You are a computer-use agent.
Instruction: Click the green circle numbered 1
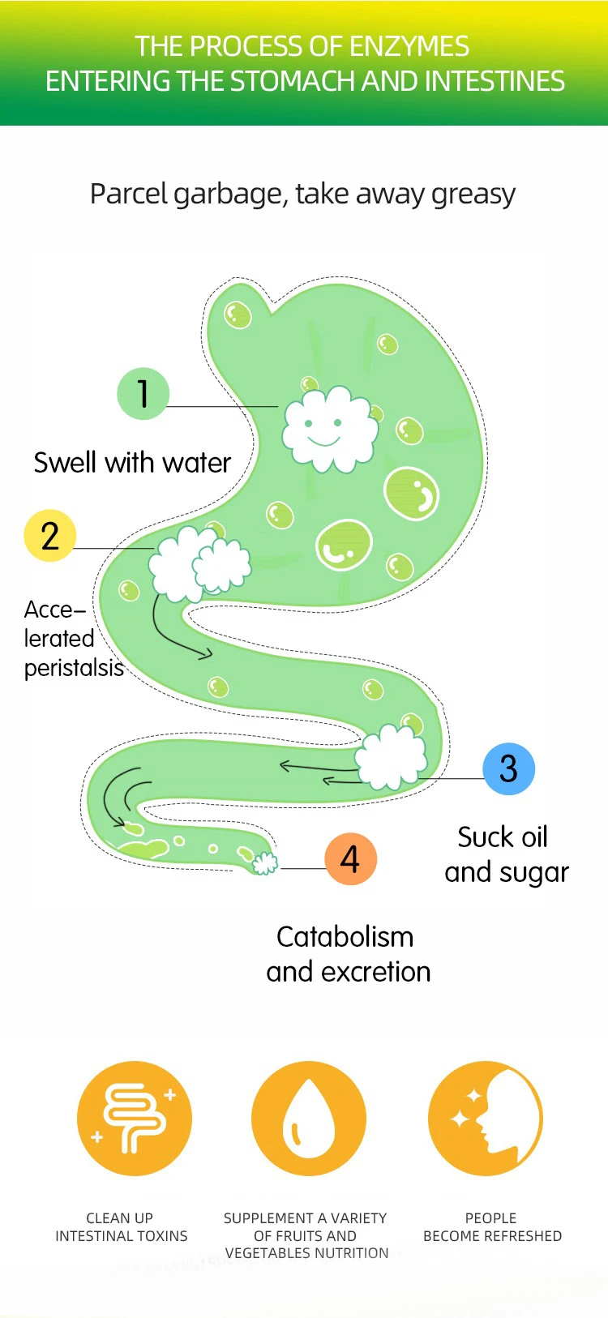coord(143,394)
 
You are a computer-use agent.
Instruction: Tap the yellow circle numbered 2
coord(49,536)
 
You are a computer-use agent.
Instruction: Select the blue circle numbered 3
coord(508,768)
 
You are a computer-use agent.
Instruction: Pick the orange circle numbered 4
coord(350,858)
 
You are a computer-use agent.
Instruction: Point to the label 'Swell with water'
coord(132,463)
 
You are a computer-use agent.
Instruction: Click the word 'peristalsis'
coord(74,668)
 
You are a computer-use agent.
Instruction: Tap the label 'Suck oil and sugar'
coord(506,854)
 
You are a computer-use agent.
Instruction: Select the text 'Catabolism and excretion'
coord(348,954)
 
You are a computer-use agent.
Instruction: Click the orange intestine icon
coord(135,1119)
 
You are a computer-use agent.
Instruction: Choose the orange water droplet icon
coord(309,1119)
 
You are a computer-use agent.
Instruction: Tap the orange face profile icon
coord(485,1119)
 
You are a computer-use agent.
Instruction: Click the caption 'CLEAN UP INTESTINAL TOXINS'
coord(121,1226)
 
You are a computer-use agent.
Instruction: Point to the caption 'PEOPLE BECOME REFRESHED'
coord(492,1226)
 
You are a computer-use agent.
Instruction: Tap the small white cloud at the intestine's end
coord(264,863)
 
